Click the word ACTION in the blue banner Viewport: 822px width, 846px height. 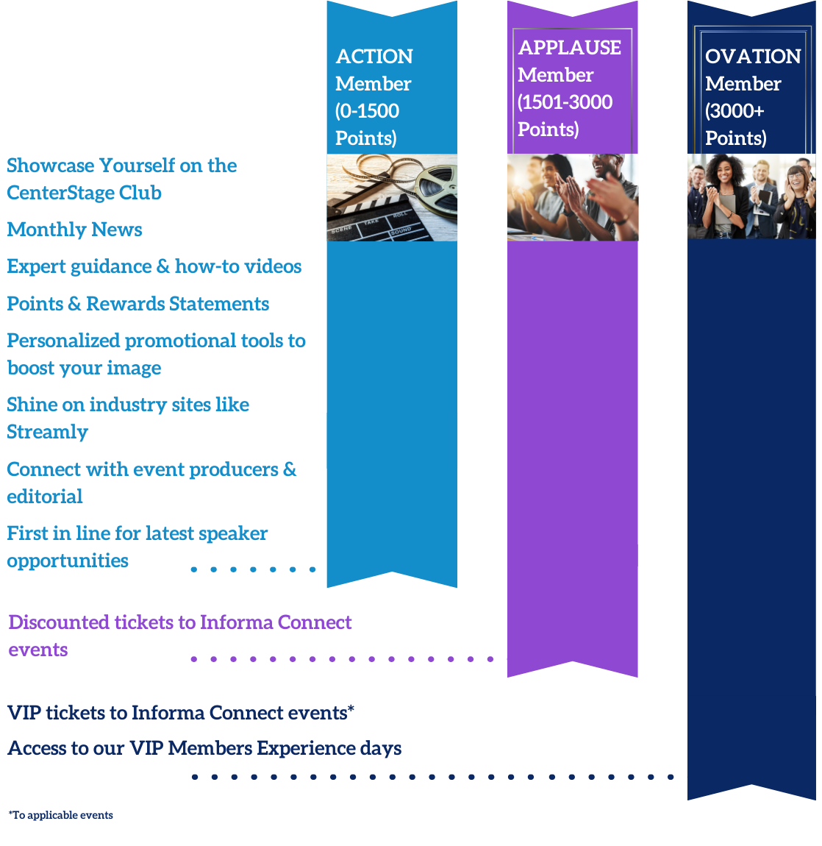[374, 57]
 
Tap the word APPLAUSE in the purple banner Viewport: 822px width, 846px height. [569, 48]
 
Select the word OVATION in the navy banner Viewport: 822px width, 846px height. [753, 57]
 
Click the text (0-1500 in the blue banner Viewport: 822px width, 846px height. [368, 111]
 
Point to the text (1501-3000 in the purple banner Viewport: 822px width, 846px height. [565, 102]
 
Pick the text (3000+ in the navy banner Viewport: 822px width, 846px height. [735, 111]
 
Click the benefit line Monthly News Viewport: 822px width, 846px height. [75, 230]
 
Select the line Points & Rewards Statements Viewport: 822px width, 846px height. [138, 304]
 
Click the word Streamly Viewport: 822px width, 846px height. [48, 432]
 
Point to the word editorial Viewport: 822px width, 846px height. [45, 497]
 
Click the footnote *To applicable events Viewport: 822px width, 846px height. [61, 815]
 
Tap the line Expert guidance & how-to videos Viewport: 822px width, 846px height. [154, 266]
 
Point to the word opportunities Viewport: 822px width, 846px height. [68, 561]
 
